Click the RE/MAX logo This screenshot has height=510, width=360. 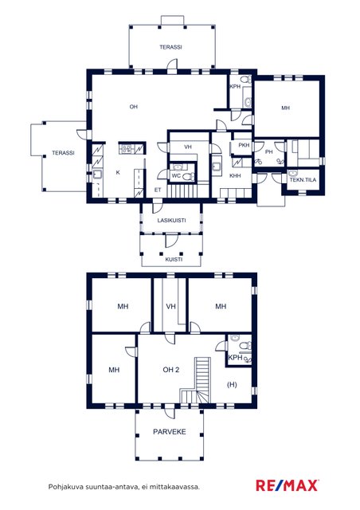click(x=288, y=485)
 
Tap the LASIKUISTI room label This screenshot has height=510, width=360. click(x=171, y=220)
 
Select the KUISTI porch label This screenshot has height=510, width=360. click(x=174, y=259)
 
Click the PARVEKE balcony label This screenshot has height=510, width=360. click(x=170, y=432)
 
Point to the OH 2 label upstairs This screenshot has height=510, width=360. click(x=170, y=370)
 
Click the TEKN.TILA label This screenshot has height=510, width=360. click(x=303, y=179)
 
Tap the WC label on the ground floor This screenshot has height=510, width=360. click(x=176, y=175)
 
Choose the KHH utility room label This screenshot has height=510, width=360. click(x=235, y=175)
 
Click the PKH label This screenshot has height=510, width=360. click(x=244, y=145)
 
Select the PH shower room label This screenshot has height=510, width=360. click(x=268, y=151)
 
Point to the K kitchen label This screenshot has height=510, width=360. click(x=118, y=172)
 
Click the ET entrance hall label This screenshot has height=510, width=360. click(x=158, y=190)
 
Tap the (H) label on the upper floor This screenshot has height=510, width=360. click(x=232, y=384)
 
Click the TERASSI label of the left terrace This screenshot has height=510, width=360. click(x=63, y=152)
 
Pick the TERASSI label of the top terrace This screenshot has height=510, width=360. click(x=170, y=47)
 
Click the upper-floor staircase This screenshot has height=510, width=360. click(x=196, y=380)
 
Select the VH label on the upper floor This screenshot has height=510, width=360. click(x=170, y=306)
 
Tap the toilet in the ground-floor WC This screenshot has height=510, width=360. click(x=188, y=177)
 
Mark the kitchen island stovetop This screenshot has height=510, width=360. click(x=126, y=149)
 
